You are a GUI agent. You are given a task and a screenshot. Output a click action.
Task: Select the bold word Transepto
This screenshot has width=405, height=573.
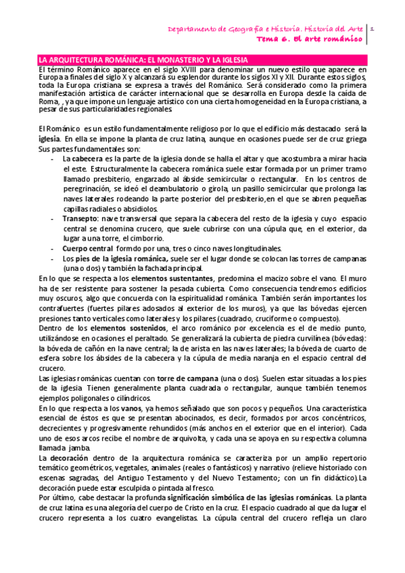[80, 219]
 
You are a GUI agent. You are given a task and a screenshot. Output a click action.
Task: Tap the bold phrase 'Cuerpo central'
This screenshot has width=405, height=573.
[87, 248]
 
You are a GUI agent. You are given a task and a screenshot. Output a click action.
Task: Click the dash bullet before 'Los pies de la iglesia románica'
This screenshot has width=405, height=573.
[53, 258]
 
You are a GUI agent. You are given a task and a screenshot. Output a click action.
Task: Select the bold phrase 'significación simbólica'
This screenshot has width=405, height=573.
[210, 497]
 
